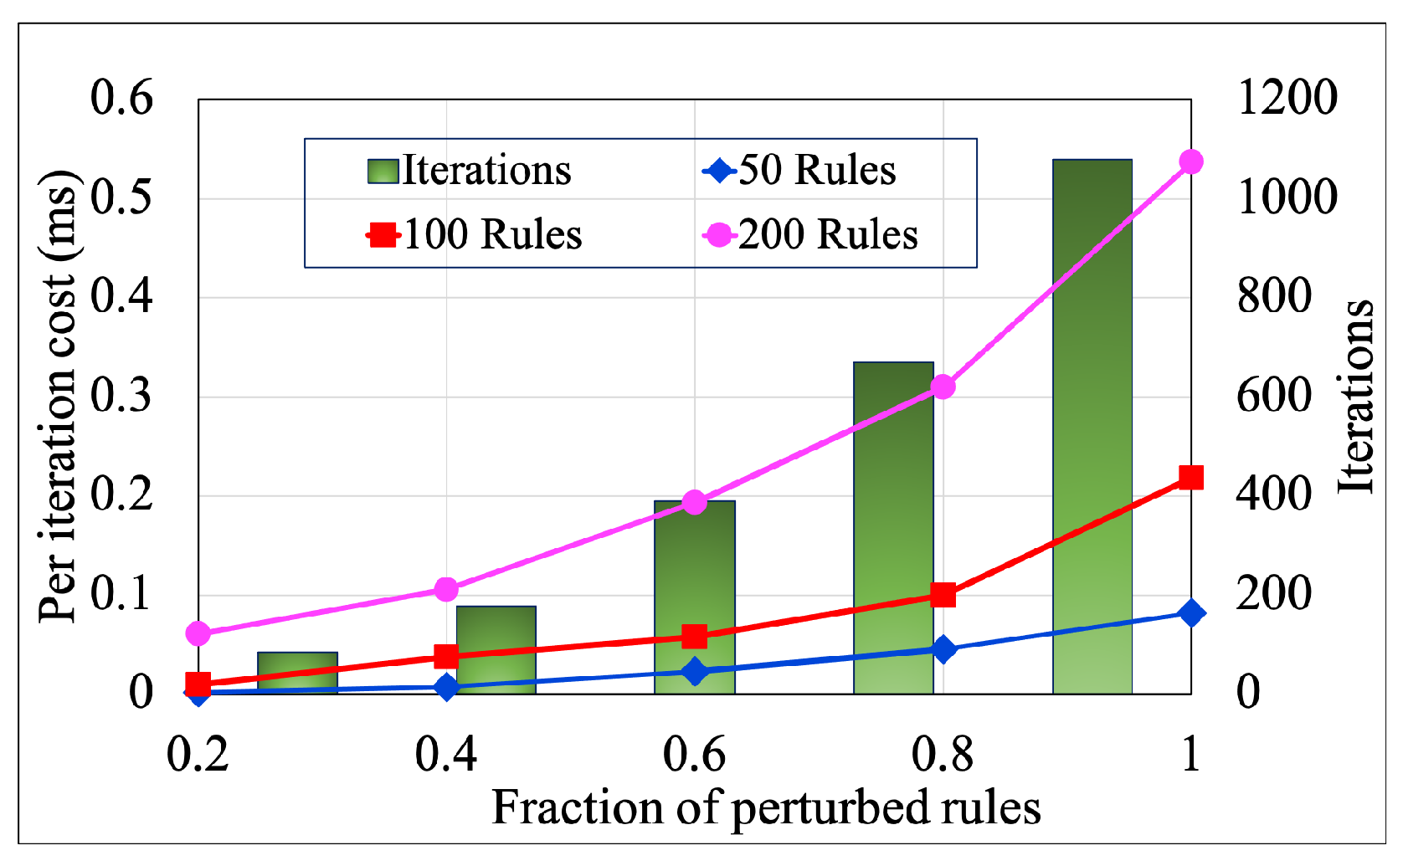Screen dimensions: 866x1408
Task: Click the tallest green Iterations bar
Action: pyautogui.click(x=1092, y=427)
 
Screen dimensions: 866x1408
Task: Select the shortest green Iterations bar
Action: pyautogui.click(x=297, y=673)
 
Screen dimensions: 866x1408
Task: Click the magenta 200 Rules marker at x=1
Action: pyautogui.click(x=1190, y=162)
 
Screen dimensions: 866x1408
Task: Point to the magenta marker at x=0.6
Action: pyautogui.click(x=694, y=502)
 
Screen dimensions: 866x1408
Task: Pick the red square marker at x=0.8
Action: pyautogui.click(x=943, y=595)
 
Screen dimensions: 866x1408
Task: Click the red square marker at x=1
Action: pyautogui.click(x=1190, y=478)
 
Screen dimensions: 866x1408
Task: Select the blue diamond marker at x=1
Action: pyautogui.click(x=1190, y=613)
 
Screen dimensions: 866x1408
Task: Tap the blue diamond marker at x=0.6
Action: pyautogui.click(x=694, y=671)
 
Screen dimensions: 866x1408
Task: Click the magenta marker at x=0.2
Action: pyautogui.click(x=198, y=633)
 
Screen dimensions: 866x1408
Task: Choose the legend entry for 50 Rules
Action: pyautogui.click(x=799, y=171)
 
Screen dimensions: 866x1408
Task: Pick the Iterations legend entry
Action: pyautogui.click(x=470, y=171)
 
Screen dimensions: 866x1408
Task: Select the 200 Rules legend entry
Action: pyautogui.click(x=810, y=235)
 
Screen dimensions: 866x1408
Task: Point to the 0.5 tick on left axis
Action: pyautogui.click(x=122, y=198)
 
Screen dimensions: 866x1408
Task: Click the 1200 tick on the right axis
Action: pyautogui.click(x=1287, y=98)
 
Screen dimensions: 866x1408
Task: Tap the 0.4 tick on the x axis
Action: pyautogui.click(x=445, y=754)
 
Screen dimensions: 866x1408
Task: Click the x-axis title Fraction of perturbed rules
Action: pyautogui.click(x=765, y=808)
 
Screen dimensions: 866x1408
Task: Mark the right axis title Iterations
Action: pyautogui.click(x=1356, y=395)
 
